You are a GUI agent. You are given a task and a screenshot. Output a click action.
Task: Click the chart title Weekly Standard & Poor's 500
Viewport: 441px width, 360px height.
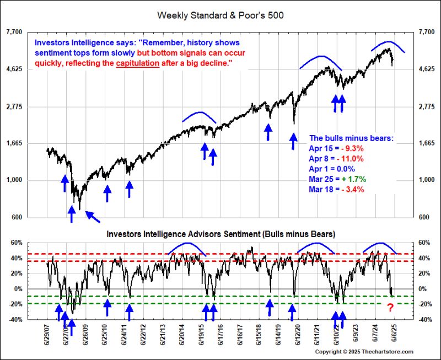coord(220,15)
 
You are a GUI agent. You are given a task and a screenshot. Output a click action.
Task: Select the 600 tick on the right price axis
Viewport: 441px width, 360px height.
coord(425,217)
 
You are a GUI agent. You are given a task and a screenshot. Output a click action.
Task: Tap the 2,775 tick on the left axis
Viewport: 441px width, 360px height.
coord(14,106)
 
